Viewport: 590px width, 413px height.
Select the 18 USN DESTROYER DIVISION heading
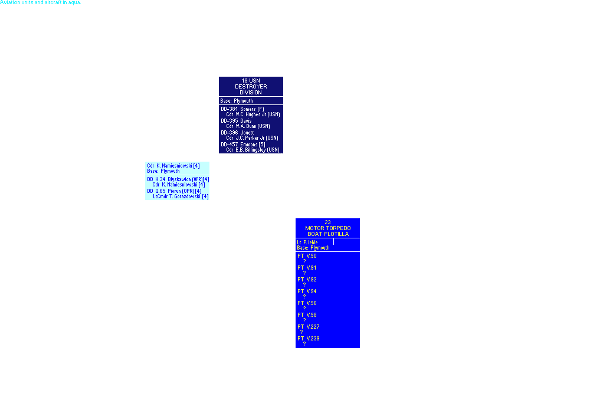pyautogui.click(x=251, y=86)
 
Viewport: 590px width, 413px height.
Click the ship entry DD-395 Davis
pyautogui.click(x=234, y=120)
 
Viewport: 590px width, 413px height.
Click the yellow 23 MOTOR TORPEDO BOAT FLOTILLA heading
pyautogui.click(x=327, y=228)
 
